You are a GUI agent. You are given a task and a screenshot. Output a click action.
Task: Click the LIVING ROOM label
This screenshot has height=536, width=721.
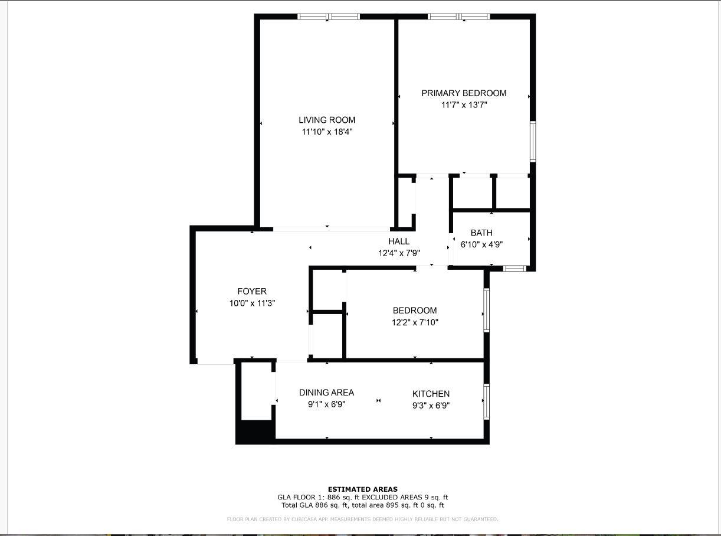pyautogui.click(x=327, y=120)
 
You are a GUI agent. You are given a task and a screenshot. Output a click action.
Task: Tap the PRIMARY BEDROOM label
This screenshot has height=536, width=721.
pyautogui.click(x=464, y=93)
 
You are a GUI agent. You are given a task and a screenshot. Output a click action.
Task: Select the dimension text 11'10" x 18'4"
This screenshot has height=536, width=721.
pyautogui.click(x=327, y=132)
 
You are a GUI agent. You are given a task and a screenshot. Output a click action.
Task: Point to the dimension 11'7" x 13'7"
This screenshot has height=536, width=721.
pyautogui.click(x=464, y=105)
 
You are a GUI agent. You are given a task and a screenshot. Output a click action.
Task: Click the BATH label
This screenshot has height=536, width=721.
pyautogui.click(x=481, y=233)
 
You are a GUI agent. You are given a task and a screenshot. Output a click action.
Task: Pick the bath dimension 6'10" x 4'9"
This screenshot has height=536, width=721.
pyautogui.click(x=481, y=244)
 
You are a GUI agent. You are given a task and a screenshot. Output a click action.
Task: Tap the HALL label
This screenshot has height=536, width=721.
pyautogui.click(x=399, y=241)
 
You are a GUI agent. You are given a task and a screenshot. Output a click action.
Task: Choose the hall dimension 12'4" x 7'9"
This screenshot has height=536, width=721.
pyautogui.click(x=399, y=253)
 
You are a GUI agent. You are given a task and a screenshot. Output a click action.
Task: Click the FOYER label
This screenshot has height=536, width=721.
pyautogui.click(x=252, y=291)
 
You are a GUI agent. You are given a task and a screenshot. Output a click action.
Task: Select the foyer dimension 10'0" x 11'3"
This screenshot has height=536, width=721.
pyautogui.click(x=252, y=303)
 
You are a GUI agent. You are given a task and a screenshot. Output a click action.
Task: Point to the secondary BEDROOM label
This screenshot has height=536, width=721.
pyautogui.click(x=415, y=311)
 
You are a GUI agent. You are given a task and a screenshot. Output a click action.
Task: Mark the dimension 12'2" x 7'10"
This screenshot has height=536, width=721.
pyautogui.click(x=415, y=323)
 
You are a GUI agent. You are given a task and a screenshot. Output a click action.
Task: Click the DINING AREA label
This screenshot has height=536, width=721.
pyautogui.click(x=326, y=393)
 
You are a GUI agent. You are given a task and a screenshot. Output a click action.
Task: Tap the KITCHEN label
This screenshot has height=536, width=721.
pyautogui.click(x=431, y=394)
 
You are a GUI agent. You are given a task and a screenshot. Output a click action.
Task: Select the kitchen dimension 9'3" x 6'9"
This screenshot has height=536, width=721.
pyautogui.click(x=431, y=406)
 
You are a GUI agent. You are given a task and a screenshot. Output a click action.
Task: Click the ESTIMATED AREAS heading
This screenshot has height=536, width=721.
pyautogui.click(x=363, y=489)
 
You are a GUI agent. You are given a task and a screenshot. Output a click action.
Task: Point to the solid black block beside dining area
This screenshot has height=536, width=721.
pyautogui.click(x=255, y=431)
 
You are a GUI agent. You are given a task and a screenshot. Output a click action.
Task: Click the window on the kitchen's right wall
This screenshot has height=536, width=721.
pyautogui.click(x=487, y=401)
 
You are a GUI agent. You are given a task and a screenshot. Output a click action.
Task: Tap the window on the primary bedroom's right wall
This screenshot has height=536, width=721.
pyautogui.click(x=533, y=141)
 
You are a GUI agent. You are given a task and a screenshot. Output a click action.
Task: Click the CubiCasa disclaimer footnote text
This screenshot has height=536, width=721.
pyautogui.click(x=363, y=519)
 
